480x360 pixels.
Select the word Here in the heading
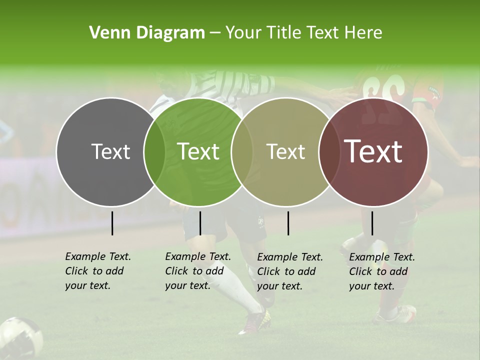(x=363, y=33)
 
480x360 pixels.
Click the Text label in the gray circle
(x=110, y=151)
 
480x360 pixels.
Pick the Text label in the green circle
(x=198, y=151)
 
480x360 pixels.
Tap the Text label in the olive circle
(x=286, y=151)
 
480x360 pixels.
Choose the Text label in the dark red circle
(x=373, y=151)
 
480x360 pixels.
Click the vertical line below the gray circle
(x=112, y=223)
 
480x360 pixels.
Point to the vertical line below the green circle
(x=200, y=223)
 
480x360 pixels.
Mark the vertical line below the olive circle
(x=288, y=223)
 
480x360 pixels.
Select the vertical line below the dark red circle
(x=372, y=223)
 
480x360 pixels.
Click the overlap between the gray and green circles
(x=154, y=152)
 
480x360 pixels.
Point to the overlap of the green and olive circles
(x=242, y=152)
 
